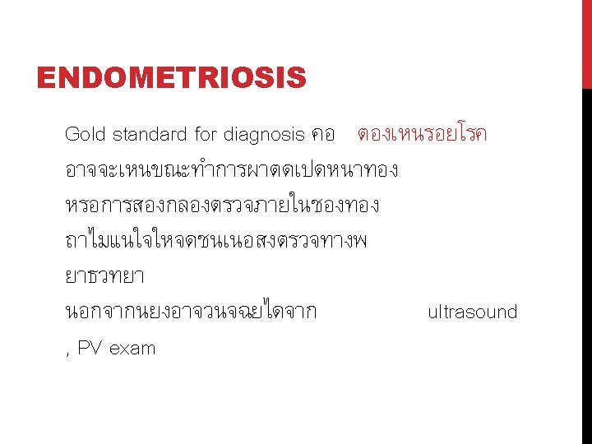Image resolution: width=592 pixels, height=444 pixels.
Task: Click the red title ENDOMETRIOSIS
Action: (171, 79)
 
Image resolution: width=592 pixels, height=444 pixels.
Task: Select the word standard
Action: (149, 134)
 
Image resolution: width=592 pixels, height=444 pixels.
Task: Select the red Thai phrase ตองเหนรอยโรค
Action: (422, 134)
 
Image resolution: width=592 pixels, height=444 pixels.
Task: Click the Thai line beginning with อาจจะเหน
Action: (231, 170)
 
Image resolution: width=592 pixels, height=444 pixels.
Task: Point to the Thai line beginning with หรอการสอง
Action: (222, 205)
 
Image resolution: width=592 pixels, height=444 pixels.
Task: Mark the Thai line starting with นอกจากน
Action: (190, 312)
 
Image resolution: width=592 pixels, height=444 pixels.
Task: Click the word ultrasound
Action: (472, 312)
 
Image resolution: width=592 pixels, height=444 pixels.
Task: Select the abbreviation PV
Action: (90, 348)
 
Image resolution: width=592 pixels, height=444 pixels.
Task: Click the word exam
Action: (132, 349)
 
